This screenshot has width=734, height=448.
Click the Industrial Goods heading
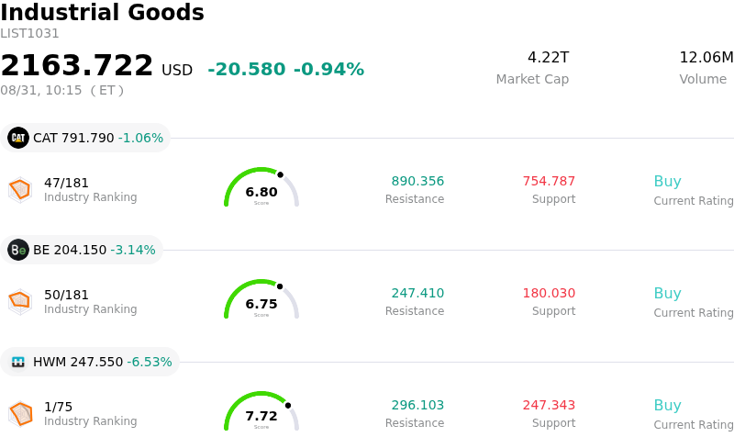[x=102, y=12]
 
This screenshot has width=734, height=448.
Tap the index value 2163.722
[x=77, y=65]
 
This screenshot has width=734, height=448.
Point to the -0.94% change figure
[x=328, y=69]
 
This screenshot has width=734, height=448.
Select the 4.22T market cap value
[x=548, y=57]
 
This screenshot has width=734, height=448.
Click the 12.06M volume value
[x=706, y=57]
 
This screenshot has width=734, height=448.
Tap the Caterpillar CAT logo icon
[x=18, y=138]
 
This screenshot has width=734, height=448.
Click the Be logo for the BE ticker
[x=18, y=250]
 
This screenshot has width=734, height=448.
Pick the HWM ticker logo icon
[x=18, y=362]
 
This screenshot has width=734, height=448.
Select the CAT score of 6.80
[x=261, y=192]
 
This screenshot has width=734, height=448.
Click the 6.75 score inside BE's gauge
[x=261, y=304]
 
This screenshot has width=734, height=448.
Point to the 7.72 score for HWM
[x=261, y=416]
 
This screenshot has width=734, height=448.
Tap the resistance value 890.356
[x=417, y=181]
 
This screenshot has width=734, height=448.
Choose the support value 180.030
[x=549, y=293]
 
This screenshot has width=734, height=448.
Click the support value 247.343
[x=549, y=405]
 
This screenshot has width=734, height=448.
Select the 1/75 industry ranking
[x=58, y=407]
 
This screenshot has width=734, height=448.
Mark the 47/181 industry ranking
[x=66, y=183]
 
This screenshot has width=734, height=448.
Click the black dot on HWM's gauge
[x=288, y=406]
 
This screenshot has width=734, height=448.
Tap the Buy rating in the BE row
[x=668, y=293]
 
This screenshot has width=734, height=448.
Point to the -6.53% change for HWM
[x=150, y=362]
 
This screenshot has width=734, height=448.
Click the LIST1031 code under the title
[x=29, y=34]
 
